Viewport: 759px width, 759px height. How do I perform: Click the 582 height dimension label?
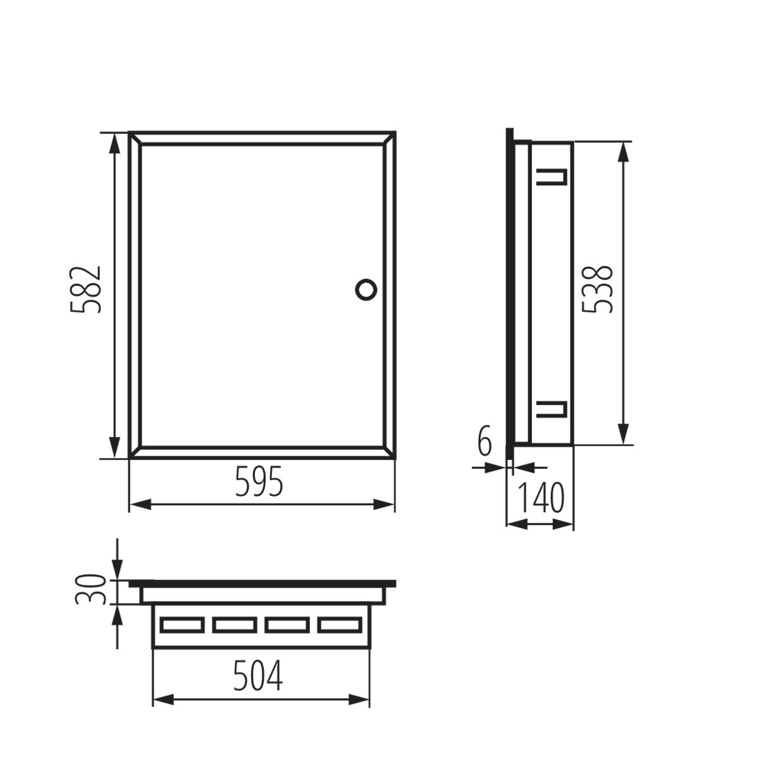pos(85,290)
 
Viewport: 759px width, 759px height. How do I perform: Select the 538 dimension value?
pos(597,288)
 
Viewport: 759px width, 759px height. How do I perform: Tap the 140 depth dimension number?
pos(541,498)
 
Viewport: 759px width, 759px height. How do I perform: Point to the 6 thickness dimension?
pos(484,441)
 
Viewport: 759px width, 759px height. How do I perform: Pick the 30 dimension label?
pos(89,589)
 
